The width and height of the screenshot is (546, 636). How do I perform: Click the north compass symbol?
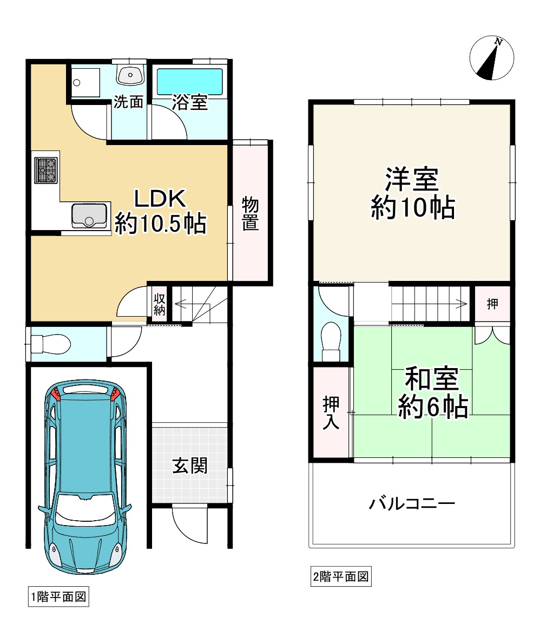click(491, 58)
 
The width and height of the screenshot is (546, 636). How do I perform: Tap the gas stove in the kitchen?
click(45, 170)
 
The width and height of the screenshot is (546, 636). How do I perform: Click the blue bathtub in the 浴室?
click(189, 81)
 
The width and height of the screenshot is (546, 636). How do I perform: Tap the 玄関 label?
click(190, 465)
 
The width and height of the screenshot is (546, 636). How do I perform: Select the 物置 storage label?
click(250, 214)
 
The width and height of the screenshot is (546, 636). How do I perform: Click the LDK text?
click(160, 199)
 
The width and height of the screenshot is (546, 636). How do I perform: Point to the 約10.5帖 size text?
click(160, 223)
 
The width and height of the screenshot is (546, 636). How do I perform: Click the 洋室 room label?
click(412, 180)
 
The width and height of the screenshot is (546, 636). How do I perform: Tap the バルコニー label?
click(412, 504)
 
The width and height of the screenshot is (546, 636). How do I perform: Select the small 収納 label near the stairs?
click(159, 304)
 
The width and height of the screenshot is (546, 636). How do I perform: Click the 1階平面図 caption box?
click(58, 597)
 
